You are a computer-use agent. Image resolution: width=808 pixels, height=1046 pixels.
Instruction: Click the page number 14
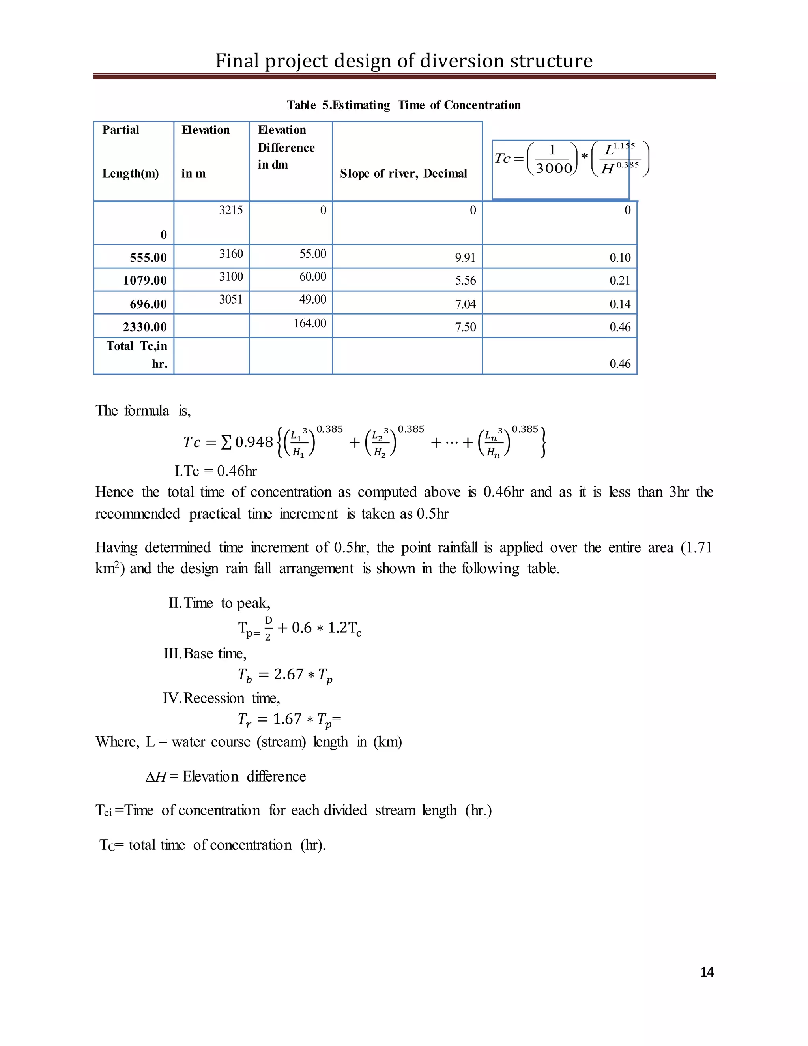click(x=707, y=972)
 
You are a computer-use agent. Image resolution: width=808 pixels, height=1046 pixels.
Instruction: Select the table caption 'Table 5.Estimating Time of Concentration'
click(x=404, y=105)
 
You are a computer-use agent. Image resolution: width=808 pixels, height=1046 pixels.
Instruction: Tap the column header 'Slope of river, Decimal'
click(x=403, y=173)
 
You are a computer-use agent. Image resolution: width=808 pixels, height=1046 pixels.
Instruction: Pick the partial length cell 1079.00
click(x=144, y=280)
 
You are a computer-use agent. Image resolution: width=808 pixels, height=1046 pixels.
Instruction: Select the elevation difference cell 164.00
click(x=310, y=323)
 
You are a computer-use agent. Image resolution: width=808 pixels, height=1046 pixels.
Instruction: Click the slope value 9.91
click(x=465, y=258)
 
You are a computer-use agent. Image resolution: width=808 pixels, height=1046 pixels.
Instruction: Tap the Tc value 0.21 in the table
click(x=620, y=281)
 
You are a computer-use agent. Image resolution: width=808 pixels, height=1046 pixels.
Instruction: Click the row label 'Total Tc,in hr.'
click(x=137, y=355)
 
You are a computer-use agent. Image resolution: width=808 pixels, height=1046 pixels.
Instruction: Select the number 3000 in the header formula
click(x=554, y=169)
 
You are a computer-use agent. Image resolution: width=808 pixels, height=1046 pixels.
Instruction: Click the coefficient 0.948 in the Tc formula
click(x=254, y=442)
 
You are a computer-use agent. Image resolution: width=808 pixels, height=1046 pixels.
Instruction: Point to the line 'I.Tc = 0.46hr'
click(x=216, y=471)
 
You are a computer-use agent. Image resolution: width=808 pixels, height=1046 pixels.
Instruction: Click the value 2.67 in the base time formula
click(x=289, y=674)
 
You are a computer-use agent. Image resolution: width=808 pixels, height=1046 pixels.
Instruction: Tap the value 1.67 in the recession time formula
click(x=288, y=719)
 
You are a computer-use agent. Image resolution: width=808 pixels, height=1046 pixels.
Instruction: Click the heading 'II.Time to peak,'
click(x=219, y=603)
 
